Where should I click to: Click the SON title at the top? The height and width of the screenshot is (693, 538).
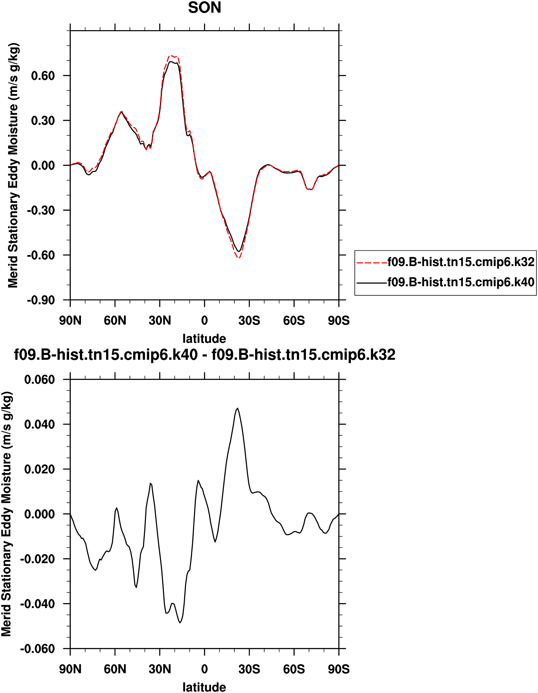204,8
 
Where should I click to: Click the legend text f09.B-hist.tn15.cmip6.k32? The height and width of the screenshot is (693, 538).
461,262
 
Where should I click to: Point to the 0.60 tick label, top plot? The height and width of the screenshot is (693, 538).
43,76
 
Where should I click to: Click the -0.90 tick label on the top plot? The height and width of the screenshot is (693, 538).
41,300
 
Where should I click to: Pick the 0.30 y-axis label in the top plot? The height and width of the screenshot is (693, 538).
43,120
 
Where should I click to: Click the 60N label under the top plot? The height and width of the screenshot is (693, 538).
115,321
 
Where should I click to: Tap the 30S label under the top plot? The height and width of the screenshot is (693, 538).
249,321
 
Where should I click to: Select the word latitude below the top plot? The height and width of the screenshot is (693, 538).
204,339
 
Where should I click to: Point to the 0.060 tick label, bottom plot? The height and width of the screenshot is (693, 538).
39,379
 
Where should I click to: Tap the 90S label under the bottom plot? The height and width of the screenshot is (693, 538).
339,669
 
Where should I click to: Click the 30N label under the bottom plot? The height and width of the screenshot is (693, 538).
160,669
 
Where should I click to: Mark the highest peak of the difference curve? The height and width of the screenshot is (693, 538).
238,408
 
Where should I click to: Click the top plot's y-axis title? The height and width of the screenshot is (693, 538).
13,165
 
